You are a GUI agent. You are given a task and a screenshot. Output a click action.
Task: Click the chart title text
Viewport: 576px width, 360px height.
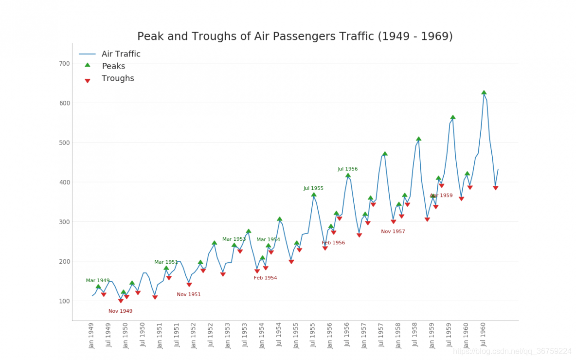coord(295,36)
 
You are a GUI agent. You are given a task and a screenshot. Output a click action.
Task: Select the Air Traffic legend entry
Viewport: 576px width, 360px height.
coord(121,54)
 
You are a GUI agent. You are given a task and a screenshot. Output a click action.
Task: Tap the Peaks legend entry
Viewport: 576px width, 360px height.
coord(113,66)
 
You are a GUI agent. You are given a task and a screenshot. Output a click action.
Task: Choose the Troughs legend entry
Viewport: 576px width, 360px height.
coord(117,78)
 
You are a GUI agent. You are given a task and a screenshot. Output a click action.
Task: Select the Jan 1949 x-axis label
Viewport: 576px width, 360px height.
coord(91,335)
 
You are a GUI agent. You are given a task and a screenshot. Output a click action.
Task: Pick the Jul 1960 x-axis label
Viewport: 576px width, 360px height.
coord(484,335)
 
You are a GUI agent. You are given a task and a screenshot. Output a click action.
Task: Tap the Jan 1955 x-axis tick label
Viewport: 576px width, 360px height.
coord(296,335)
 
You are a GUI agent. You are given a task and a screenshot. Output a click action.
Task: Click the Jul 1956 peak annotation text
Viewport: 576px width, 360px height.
coord(347,169)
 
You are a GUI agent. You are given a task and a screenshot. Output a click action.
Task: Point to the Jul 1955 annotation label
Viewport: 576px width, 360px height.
coord(313,188)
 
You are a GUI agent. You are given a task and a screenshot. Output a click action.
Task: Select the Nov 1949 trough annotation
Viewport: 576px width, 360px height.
coord(120,311)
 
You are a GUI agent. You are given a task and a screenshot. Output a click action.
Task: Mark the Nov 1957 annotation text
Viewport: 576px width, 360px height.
coord(393,232)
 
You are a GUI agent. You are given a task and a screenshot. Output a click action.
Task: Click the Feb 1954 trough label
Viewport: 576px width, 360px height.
coord(265,278)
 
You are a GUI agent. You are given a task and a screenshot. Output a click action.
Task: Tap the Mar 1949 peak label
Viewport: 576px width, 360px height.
coord(97,281)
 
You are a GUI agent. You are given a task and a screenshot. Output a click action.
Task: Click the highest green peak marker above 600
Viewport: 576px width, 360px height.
coord(484,92)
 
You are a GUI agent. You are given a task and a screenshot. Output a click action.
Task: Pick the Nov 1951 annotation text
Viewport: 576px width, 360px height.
coord(188,295)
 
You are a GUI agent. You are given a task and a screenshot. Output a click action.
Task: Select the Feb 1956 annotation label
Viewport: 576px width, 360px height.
coord(333,243)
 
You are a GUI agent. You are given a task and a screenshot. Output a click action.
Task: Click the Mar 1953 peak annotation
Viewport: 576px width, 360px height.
coord(234,239)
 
